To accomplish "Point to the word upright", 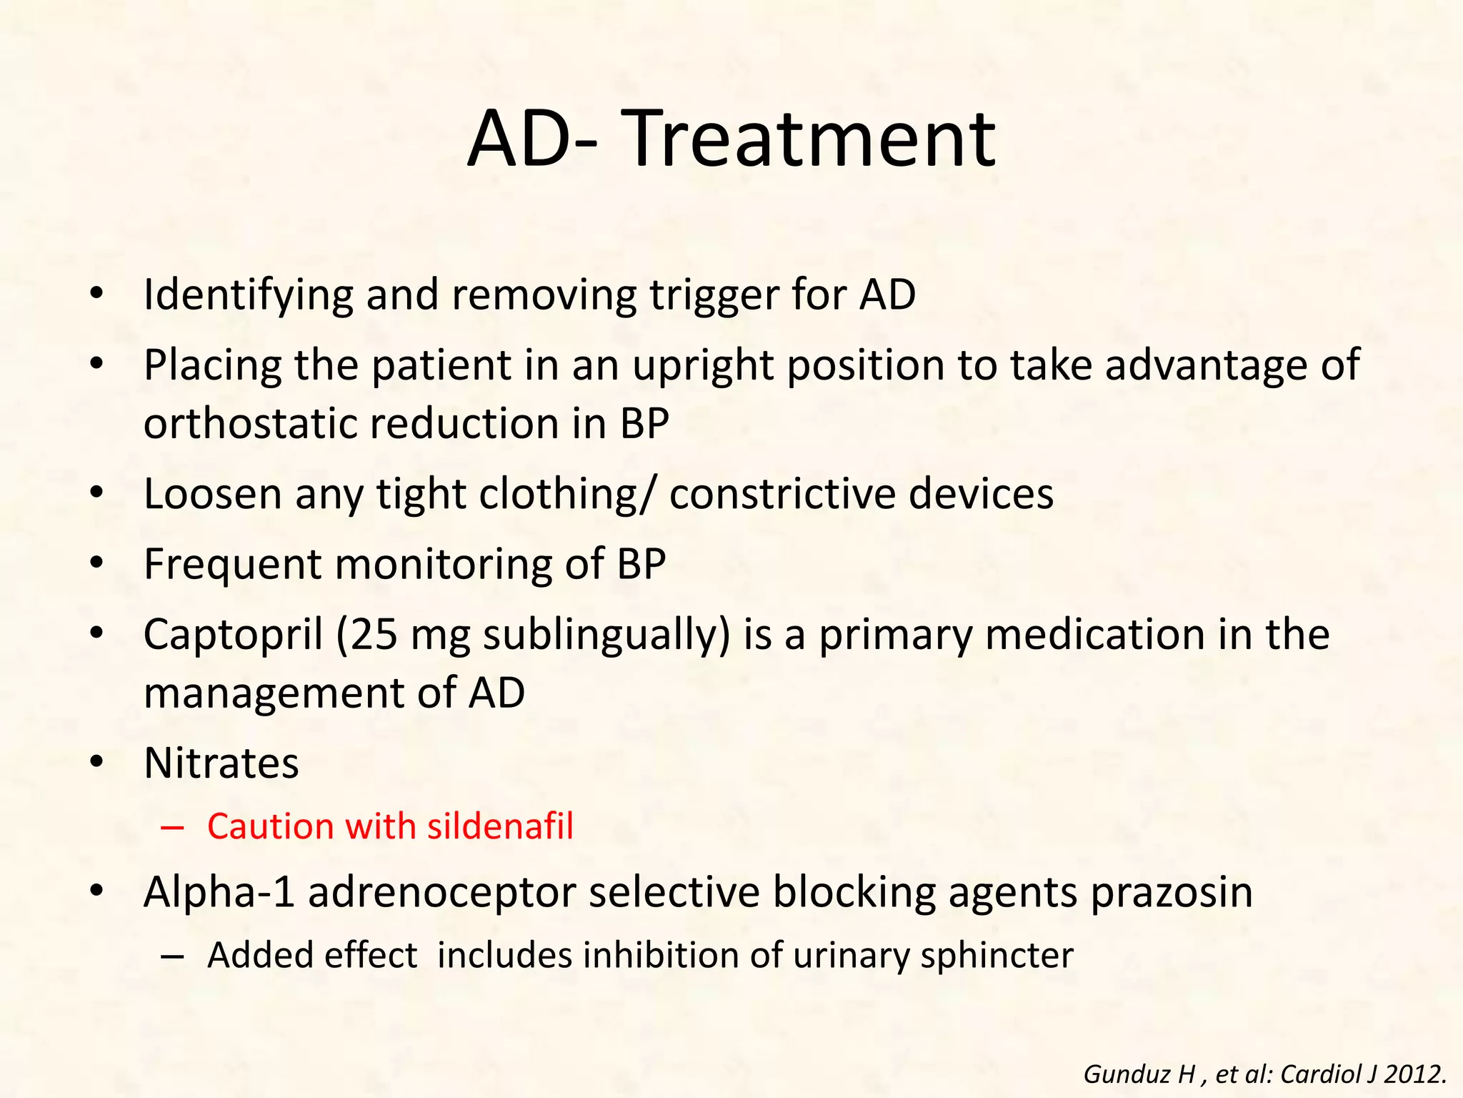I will (x=703, y=365).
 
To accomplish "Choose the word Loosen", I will (x=213, y=493).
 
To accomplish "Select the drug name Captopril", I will (x=233, y=635).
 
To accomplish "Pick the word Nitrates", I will (x=221, y=763).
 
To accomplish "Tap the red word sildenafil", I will (x=500, y=826).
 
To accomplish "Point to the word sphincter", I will (x=997, y=956).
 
